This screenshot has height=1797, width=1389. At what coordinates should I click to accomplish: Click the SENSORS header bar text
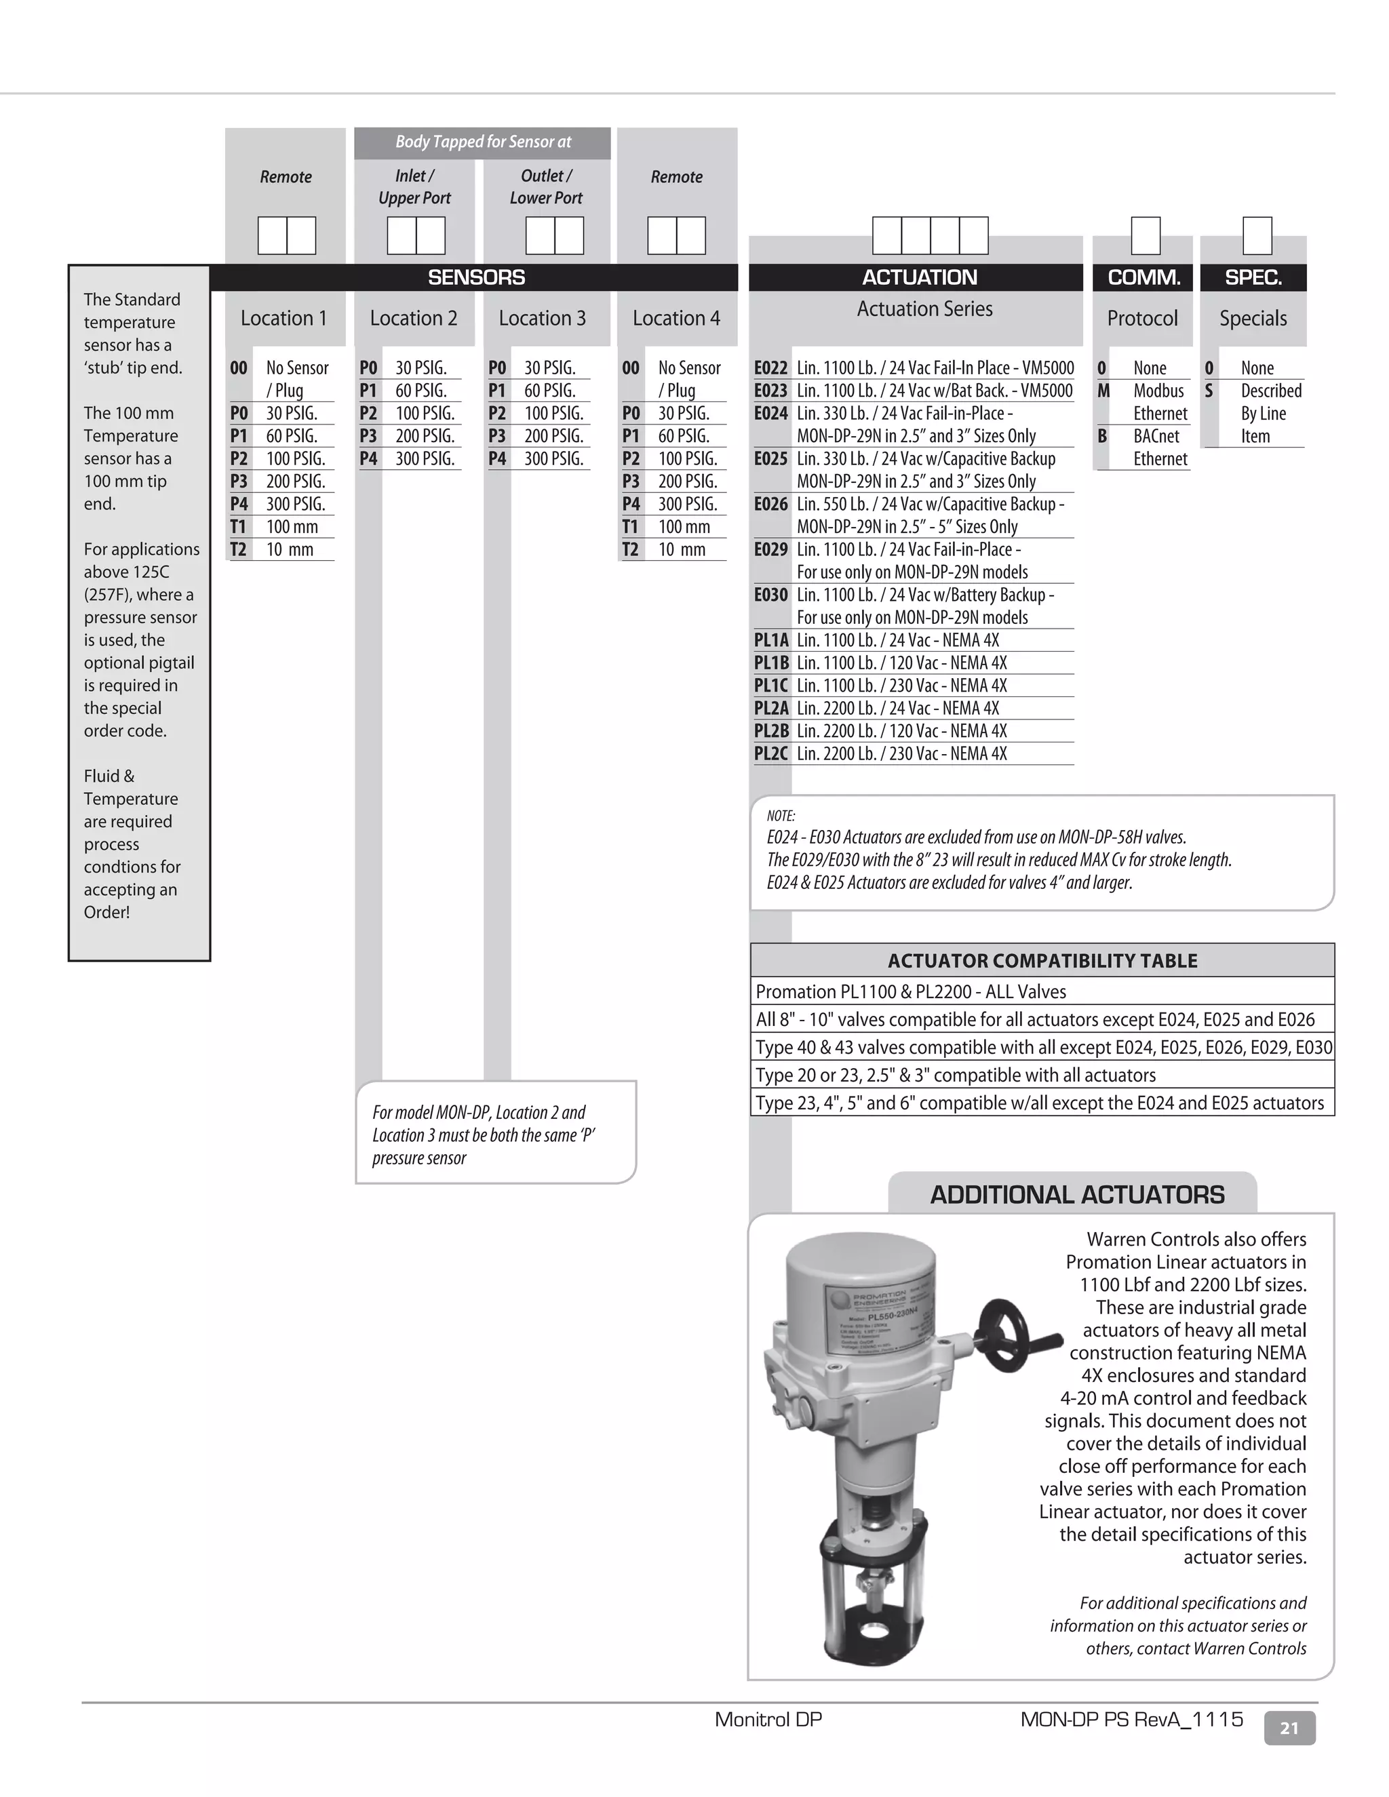475,277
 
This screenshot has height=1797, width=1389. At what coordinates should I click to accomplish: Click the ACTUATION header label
919,277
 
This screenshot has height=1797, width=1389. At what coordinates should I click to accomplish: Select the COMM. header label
1143,277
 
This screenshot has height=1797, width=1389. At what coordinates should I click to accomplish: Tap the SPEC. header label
1253,277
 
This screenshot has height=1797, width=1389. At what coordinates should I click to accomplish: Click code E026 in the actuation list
770,505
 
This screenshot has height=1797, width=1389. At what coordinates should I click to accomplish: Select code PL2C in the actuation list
770,753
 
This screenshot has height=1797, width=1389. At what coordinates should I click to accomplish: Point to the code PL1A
770,640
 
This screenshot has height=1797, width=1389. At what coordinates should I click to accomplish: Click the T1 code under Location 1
238,527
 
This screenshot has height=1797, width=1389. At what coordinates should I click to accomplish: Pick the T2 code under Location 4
629,550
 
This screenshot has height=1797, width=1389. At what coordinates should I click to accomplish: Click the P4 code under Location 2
368,459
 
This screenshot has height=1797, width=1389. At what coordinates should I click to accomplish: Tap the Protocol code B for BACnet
1102,436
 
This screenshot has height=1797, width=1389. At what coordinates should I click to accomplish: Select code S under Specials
1209,391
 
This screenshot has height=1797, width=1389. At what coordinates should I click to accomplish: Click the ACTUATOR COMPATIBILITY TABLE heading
1042,960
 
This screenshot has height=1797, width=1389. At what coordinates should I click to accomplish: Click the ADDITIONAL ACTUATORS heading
1076,1195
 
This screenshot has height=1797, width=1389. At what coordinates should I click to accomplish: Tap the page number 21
1289,1728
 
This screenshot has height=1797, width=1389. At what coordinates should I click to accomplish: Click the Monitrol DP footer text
768,1719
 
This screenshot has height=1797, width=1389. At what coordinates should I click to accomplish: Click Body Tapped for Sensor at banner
483,142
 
